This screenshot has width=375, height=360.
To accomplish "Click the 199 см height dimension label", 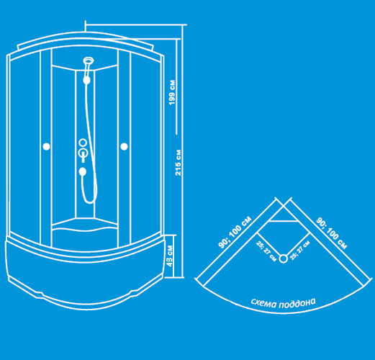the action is (172, 92).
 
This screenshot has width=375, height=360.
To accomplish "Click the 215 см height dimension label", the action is (178, 163).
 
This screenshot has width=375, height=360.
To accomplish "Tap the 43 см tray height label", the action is (169, 256).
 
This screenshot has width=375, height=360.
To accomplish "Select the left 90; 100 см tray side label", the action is (235, 232).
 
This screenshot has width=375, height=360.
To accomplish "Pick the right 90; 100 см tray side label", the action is (331, 233).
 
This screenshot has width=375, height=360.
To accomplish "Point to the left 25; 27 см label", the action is (266, 251).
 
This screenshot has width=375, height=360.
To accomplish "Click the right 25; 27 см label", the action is (300, 251).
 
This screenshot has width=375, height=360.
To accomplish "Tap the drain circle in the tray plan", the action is (284, 258).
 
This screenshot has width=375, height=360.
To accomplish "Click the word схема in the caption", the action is (263, 303).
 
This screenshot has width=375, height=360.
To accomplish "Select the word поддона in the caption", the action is (297, 303).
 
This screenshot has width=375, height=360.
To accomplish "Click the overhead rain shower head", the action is (89, 60).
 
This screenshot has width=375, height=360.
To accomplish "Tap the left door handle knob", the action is (46, 146).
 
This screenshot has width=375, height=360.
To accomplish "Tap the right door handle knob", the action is (124, 146).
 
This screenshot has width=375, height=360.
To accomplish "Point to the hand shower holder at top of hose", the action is (86, 80).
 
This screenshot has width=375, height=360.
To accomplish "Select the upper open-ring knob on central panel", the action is (83, 143).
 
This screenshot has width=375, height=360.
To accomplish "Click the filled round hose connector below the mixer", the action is (83, 171).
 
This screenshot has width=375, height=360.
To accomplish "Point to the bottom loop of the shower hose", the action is (89, 199).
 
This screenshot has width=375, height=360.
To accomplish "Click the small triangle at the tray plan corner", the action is (284, 214).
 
